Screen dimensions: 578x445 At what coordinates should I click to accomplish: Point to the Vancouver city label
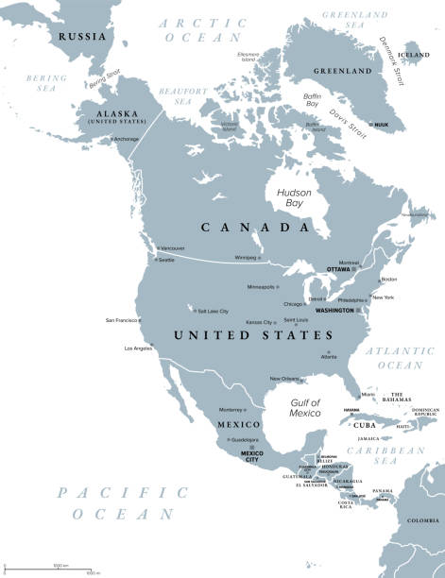coord(172,247)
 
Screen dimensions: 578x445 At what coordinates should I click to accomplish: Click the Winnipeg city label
coord(246,257)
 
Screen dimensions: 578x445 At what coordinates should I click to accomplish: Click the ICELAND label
coord(416,56)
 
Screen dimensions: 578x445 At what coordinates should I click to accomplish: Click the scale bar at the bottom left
coord(47,569)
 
